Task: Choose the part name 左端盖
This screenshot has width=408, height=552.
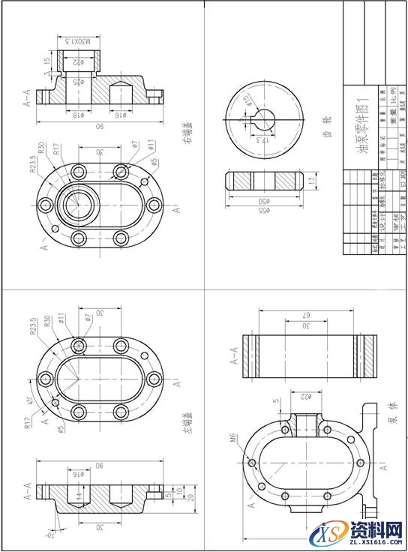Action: coord(185,424)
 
